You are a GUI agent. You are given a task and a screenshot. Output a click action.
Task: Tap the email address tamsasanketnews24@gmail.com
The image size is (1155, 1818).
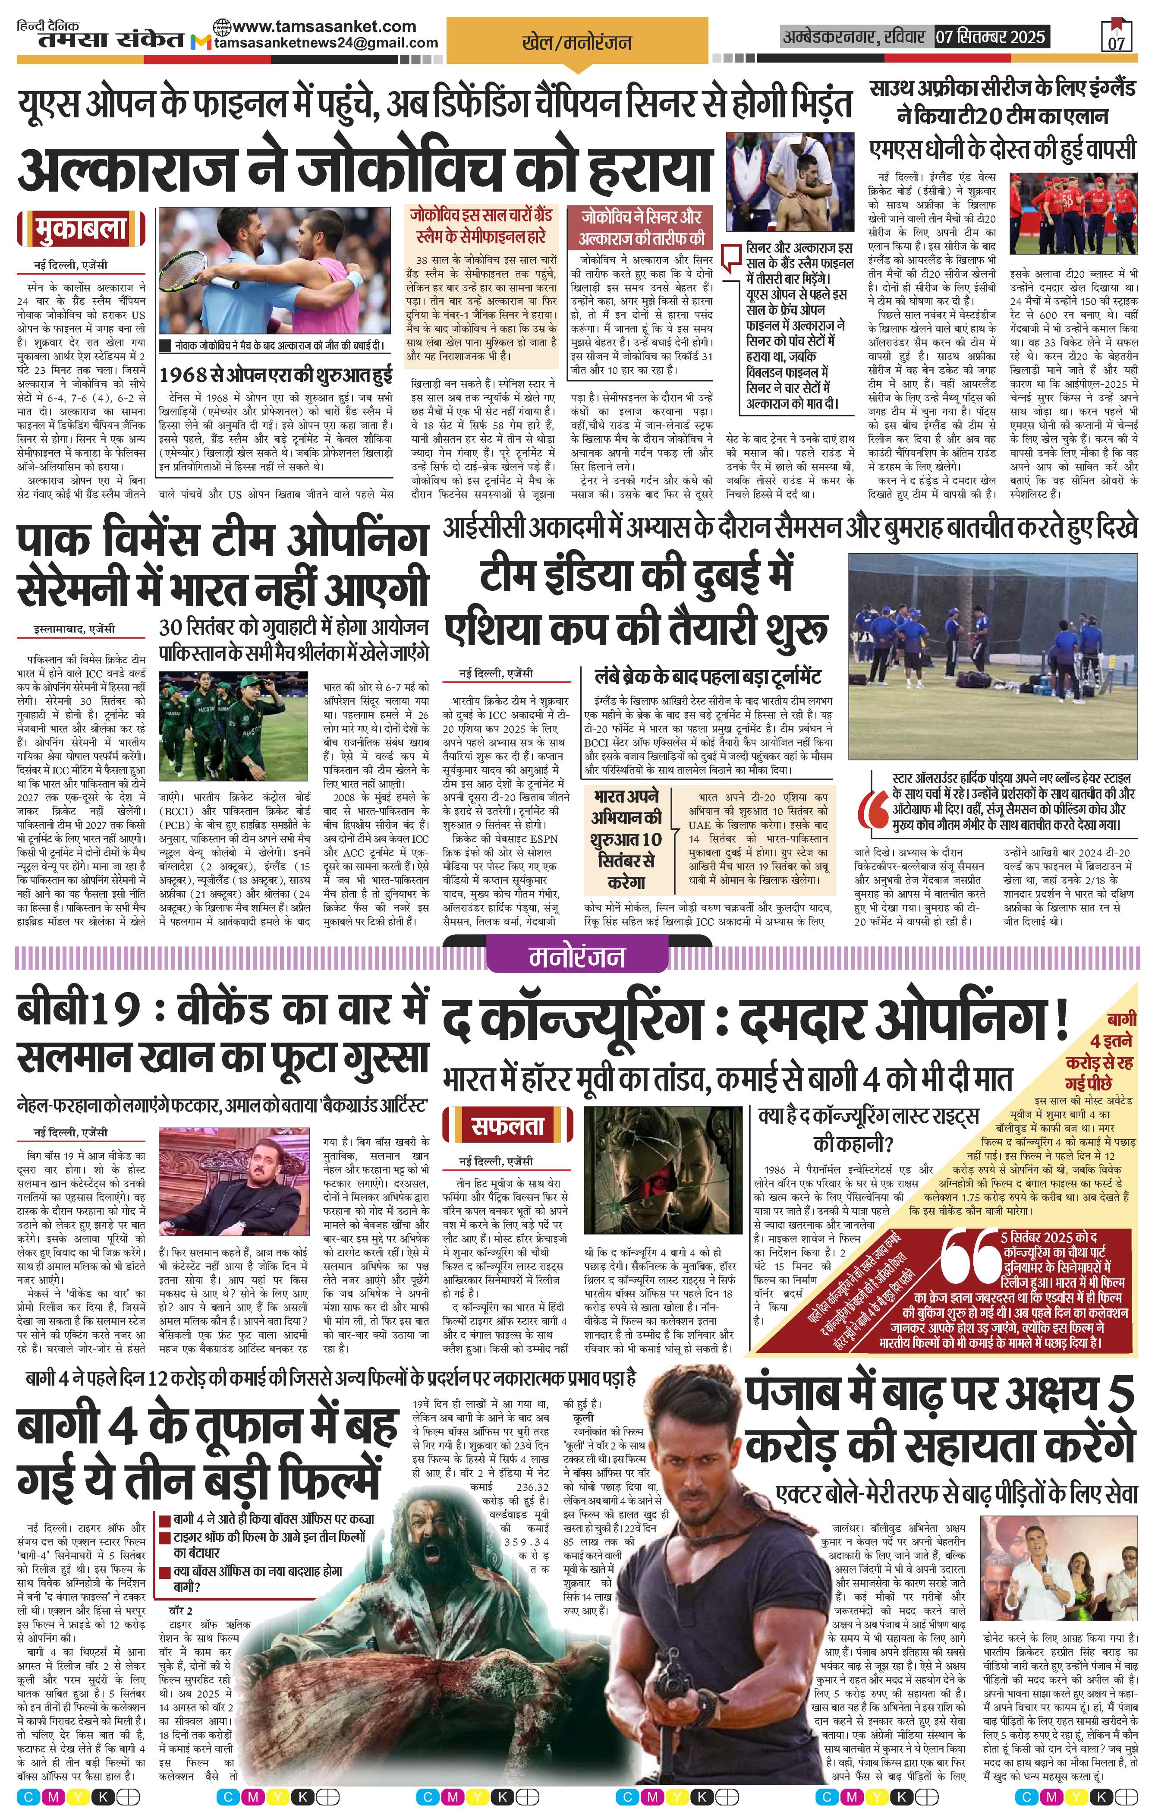[326, 44]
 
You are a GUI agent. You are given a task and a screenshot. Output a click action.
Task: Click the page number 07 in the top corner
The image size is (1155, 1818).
[1116, 41]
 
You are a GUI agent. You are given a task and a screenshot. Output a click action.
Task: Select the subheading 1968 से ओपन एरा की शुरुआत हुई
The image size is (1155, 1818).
[276, 374]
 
